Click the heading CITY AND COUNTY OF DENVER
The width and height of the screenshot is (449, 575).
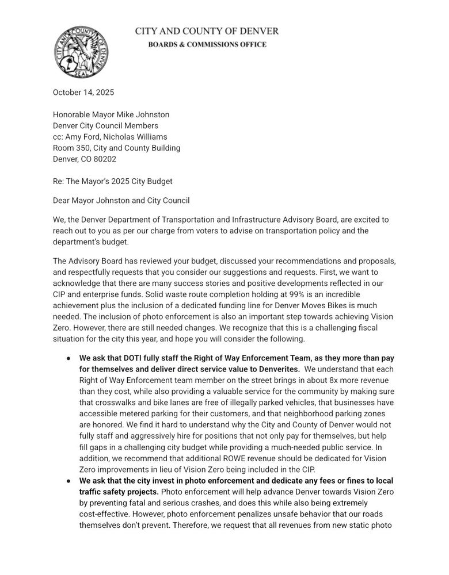(207, 31)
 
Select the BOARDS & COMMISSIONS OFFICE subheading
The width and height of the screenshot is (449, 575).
(207, 44)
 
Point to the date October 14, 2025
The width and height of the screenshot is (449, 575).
(83, 93)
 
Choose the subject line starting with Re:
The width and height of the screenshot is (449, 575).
(113, 181)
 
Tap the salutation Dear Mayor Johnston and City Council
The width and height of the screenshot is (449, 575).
(121, 201)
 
